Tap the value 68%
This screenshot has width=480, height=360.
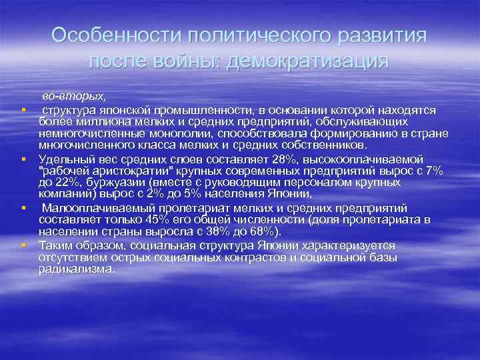267,231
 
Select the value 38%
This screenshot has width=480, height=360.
214,231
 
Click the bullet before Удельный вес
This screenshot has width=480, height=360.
24,159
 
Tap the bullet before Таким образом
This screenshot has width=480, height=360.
24,245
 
